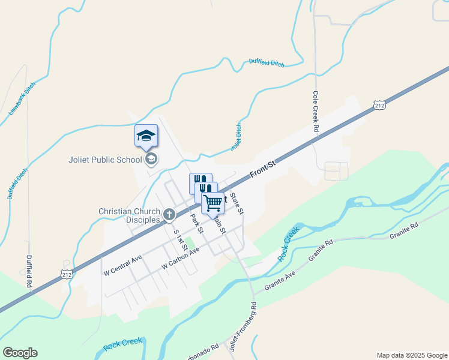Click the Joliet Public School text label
105,160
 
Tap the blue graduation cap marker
146,136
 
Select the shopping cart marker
212,203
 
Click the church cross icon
169,214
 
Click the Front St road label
262,170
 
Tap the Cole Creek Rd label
315,112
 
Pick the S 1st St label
179,240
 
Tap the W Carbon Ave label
180,259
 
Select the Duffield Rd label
28,272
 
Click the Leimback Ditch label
22,98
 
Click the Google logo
20,353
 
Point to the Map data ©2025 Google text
412,355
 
